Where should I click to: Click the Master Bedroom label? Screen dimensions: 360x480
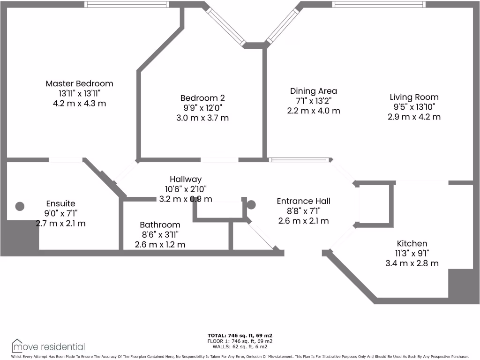79,83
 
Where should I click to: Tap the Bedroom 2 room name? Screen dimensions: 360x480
202,98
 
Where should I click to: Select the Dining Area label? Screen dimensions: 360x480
313,91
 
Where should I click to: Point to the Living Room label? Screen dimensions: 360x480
414,97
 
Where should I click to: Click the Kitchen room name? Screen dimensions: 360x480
412,243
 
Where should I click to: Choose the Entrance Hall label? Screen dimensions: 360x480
303,201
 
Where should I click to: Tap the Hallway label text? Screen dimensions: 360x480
186,179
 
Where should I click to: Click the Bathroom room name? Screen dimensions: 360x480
160,225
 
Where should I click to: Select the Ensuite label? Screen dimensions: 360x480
60,203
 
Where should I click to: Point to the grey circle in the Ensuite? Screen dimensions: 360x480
20,206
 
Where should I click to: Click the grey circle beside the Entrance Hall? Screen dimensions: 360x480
251,204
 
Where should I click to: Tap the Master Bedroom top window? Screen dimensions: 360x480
127,5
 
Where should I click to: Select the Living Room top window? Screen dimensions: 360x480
379,5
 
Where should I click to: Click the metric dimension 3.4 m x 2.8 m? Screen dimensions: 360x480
412,263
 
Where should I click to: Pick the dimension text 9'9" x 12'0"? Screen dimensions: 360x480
202,108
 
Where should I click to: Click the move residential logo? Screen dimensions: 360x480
48,347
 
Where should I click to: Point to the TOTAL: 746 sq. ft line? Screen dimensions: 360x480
240,336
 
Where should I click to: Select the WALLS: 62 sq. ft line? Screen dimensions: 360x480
240,347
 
